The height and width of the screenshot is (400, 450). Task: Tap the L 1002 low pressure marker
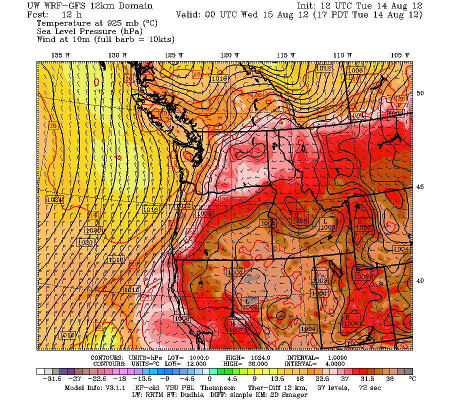249,303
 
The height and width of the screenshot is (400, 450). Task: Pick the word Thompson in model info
218,388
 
